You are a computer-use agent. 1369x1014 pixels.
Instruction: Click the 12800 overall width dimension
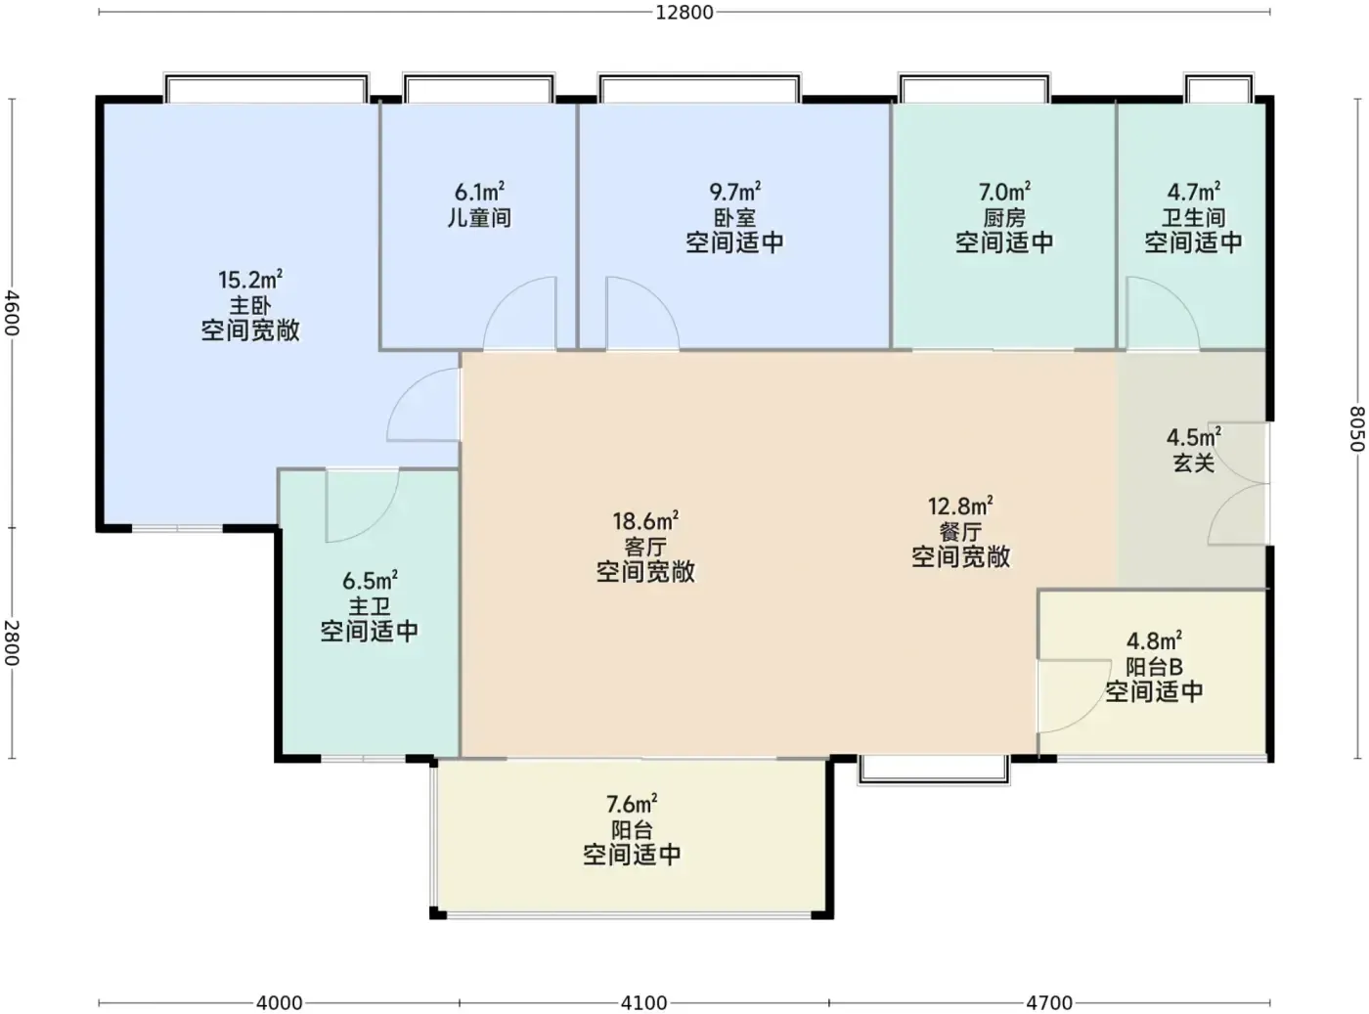point(684,13)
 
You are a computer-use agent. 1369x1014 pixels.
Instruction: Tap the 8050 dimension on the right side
point(1356,429)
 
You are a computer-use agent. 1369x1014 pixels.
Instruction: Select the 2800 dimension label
point(12,643)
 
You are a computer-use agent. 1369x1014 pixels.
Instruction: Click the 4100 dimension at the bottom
point(643,1003)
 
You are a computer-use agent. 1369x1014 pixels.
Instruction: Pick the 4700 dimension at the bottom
point(1049,1003)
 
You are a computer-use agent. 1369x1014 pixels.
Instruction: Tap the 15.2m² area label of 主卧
point(250,280)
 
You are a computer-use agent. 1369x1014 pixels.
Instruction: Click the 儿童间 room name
point(479,218)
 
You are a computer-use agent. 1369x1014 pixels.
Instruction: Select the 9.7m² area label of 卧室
point(734,192)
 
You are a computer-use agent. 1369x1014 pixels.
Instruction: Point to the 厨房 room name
point(1004,218)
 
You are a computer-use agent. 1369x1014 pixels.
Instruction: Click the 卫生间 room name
point(1193,218)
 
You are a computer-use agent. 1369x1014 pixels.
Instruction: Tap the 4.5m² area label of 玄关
point(1193,437)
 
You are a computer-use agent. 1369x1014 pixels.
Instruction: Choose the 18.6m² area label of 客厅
point(645,521)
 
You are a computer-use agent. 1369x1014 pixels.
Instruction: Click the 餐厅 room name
point(960,531)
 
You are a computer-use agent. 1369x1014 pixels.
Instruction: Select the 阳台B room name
point(1154,667)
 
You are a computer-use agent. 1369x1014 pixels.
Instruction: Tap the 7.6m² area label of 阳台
point(632,804)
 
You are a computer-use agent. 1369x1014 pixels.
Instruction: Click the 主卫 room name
point(369,606)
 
